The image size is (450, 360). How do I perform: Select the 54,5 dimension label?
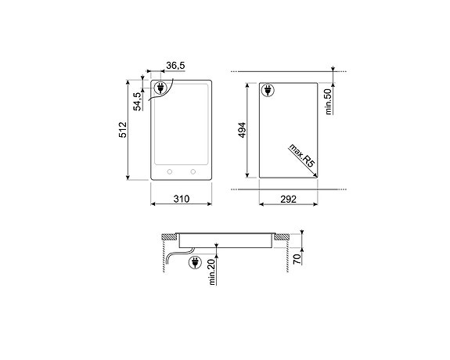click(136, 102)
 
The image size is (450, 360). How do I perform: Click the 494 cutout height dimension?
click(243, 130)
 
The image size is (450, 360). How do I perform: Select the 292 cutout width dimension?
click(288, 200)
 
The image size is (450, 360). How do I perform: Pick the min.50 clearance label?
click(329, 102)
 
